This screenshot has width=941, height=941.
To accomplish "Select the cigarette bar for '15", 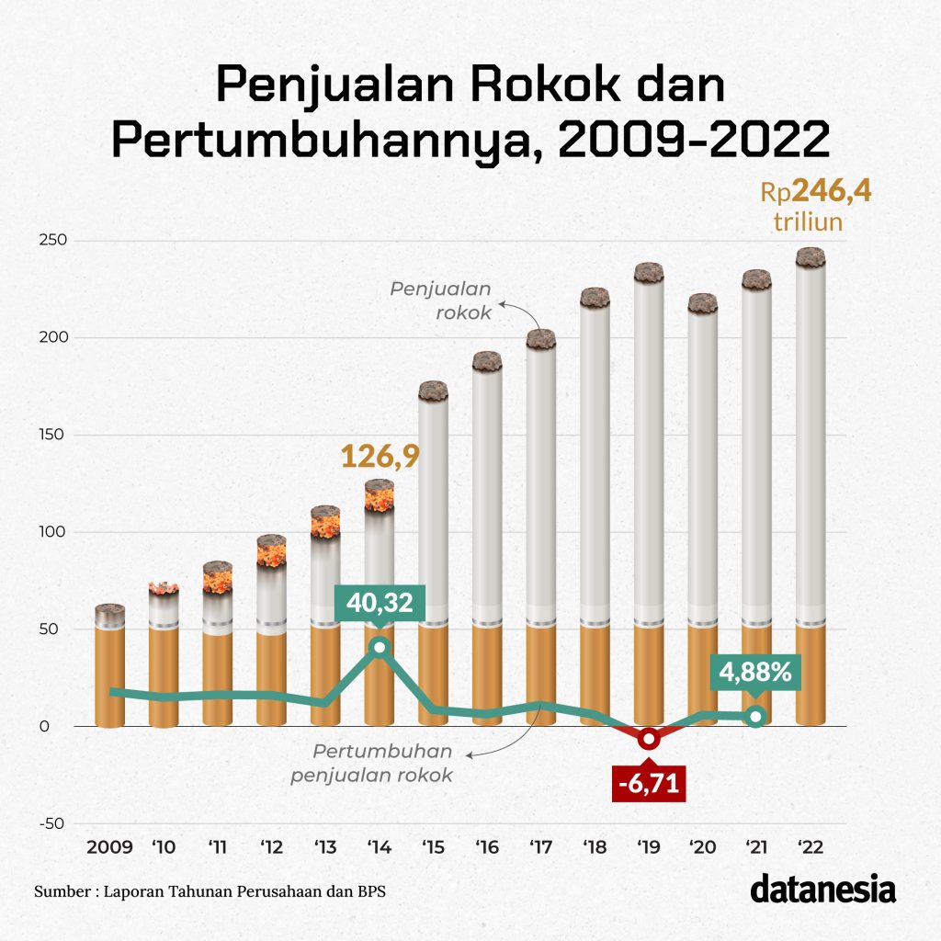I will coord(434,551).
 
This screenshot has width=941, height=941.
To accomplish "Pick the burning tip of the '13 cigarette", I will coord(325,523).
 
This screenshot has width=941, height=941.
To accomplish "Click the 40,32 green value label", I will coord(380,604).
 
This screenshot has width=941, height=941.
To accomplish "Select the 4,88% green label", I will coord(755,673).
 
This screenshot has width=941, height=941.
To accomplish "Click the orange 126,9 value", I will coord(380,456).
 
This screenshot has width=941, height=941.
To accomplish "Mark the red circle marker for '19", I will coord(649,739).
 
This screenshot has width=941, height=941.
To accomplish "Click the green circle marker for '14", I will coord(380,648).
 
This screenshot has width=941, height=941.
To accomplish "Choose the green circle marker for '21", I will coord(755,717).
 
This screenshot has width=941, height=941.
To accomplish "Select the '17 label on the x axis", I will coord(540,846).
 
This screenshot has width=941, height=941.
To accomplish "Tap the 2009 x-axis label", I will coord(109,846).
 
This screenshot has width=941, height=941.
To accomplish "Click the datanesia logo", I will coord(822,890).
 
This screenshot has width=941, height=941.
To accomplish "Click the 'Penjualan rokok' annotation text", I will coord(441,300).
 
